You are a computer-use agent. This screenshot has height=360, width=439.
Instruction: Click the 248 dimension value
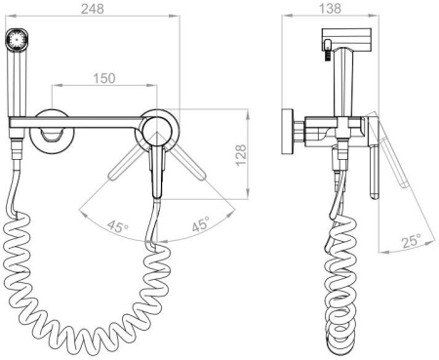tap(93, 9)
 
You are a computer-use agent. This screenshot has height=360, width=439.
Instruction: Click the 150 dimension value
tap(104, 78)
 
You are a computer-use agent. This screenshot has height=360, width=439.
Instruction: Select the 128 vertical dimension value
tap(241, 155)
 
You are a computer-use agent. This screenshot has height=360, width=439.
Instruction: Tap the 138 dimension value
tap(330, 9)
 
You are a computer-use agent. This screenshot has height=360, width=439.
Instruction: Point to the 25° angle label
tap(412, 241)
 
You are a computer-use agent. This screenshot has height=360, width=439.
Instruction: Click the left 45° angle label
tap(118, 226)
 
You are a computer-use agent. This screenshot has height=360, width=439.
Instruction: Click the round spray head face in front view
tap(17, 40)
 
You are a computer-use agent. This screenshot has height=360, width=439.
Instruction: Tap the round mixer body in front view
tap(158, 130)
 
